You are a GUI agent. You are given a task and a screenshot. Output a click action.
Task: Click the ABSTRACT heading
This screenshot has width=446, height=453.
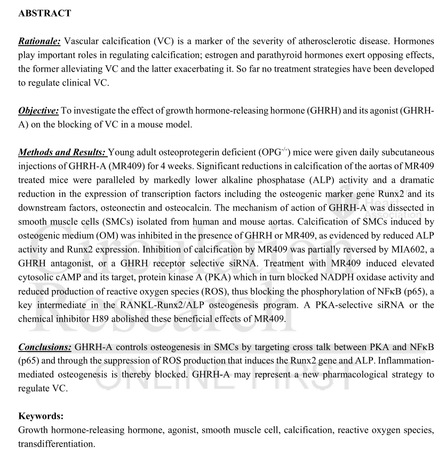point(44,14)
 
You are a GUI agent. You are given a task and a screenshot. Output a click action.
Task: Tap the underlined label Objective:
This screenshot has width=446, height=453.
point(39,111)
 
